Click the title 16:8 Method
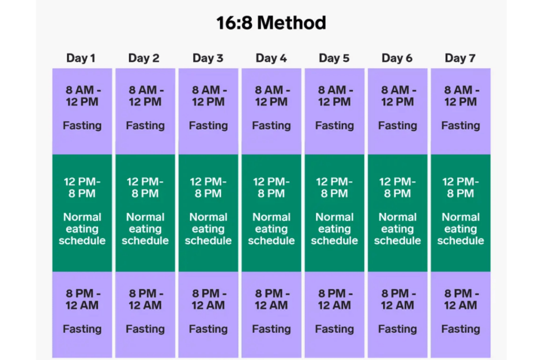click(x=271, y=23)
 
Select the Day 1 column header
click(x=81, y=58)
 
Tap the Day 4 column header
click(x=271, y=58)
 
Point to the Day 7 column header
click(x=460, y=58)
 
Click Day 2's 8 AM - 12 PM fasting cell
click(x=145, y=111)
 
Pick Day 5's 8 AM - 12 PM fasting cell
click(x=334, y=111)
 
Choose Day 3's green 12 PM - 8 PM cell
click(x=208, y=212)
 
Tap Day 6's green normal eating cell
click(x=397, y=212)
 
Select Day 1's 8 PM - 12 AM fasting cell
click(x=82, y=314)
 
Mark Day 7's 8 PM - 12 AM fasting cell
click(x=460, y=314)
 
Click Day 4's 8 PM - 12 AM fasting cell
click(x=271, y=314)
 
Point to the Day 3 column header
click(x=208, y=58)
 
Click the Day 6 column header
click(x=397, y=58)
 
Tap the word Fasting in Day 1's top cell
click(x=82, y=125)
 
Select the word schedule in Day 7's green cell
click(x=460, y=241)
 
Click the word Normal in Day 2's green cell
click(x=145, y=217)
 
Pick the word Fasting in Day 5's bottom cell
click(x=334, y=329)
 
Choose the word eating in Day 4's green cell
click(x=271, y=229)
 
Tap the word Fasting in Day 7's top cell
click(x=460, y=125)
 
